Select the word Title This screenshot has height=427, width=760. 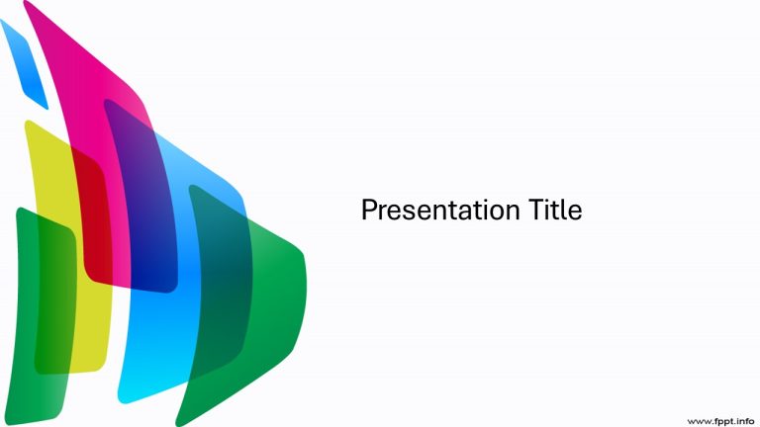pyautogui.click(x=553, y=211)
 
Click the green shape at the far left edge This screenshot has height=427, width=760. pyautogui.click(x=25, y=326)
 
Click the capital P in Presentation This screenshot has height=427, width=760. pyautogui.click(x=368, y=211)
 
